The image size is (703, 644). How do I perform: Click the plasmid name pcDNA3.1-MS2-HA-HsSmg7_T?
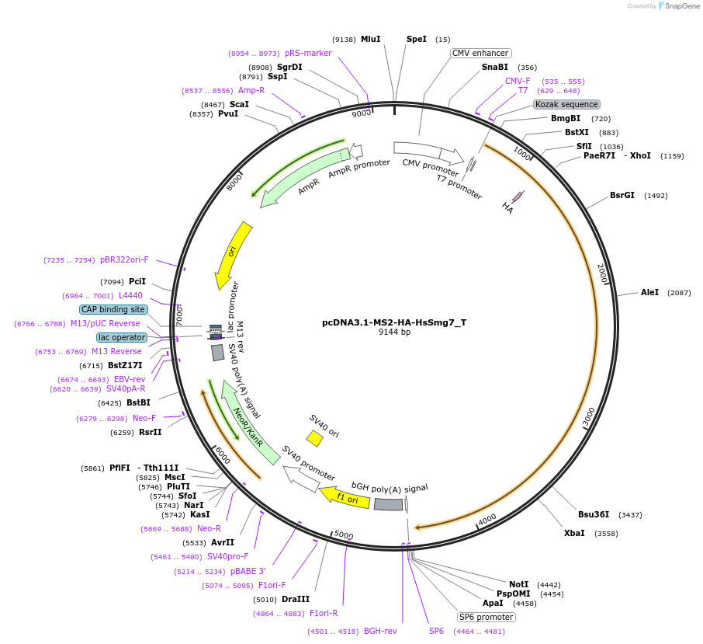click(x=394, y=322)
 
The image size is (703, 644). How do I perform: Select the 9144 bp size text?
click(x=394, y=332)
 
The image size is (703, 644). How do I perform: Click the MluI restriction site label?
click(x=370, y=39)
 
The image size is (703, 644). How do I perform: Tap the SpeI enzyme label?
click(x=417, y=39)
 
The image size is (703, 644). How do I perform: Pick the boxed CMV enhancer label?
click(x=480, y=53)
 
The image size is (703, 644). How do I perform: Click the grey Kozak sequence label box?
click(x=566, y=104)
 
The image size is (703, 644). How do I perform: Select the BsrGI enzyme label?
click(x=622, y=195)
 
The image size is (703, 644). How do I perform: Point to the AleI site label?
click(x=649, y=292)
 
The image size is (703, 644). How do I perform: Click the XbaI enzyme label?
click(x=574, y=533)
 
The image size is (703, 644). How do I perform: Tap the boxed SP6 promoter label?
click(x=486, y=617)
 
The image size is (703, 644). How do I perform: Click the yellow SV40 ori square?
click(x=314, y=439)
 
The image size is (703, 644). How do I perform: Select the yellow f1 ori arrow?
click(x=346, y=496)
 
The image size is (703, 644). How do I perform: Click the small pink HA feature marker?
click(x=517, y=197)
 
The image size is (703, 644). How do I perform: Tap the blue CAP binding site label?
click(x=113, y=309)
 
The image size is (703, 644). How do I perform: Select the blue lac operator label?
click(x=122, y=337)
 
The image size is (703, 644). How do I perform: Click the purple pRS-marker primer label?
click(x=308, y=53)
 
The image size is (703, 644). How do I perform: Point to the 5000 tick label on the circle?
click(x=343, y=535)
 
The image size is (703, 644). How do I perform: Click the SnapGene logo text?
click(x=680, y=6)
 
